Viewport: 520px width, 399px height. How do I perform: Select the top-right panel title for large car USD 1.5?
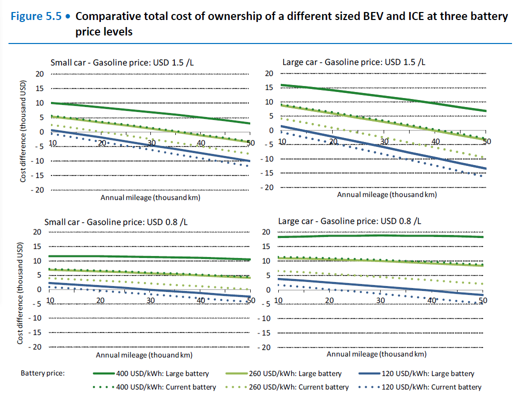354,62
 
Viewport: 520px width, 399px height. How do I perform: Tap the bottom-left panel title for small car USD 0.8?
116,221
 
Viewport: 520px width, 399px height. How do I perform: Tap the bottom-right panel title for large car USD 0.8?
349,220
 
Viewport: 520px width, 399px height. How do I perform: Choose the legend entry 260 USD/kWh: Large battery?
295,373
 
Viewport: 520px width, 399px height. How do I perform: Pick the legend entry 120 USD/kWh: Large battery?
428,373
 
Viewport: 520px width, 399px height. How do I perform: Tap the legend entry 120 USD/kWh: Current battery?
431,387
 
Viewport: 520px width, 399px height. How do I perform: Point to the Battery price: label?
43,373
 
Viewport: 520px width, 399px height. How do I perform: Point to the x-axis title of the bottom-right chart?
377,354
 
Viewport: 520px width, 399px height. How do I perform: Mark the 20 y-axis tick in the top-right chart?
269,73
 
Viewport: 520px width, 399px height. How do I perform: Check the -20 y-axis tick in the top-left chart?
38,190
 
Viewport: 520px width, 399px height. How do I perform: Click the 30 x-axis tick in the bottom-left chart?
150,300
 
